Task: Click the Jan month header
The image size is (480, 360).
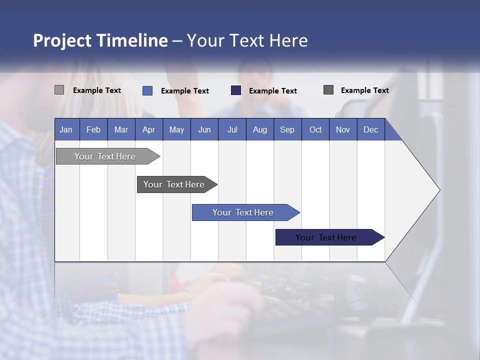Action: [66, 129]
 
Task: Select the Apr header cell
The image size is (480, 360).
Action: [149, 129]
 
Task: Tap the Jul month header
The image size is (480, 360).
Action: [232, 129]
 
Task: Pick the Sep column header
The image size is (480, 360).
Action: [287, 129]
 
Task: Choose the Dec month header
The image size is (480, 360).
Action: [370, 129]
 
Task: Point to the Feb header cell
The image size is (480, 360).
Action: [93, 129]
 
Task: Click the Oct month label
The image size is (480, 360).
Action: [315, 129]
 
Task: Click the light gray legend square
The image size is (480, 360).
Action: [59, 90]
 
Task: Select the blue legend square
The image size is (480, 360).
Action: [147, 90]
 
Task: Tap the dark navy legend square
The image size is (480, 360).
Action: [236, 90]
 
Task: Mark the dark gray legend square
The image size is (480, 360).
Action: [328, 90]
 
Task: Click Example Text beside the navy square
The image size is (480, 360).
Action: [272, 91]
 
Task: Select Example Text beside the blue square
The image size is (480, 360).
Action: [184, 91]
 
